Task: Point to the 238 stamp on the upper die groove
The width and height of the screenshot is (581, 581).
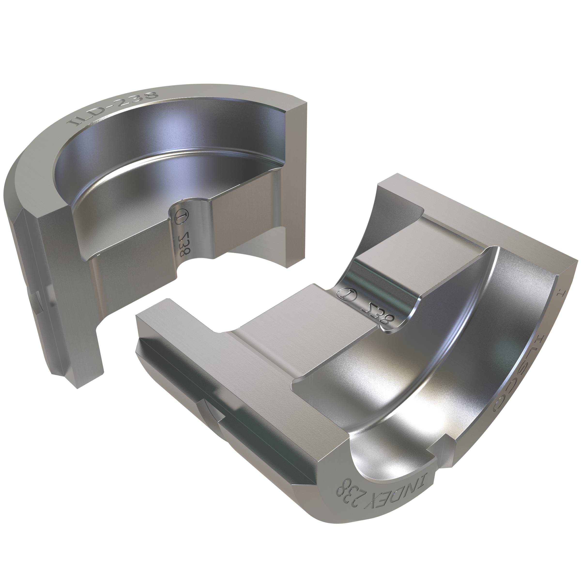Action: tap(182, 244)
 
